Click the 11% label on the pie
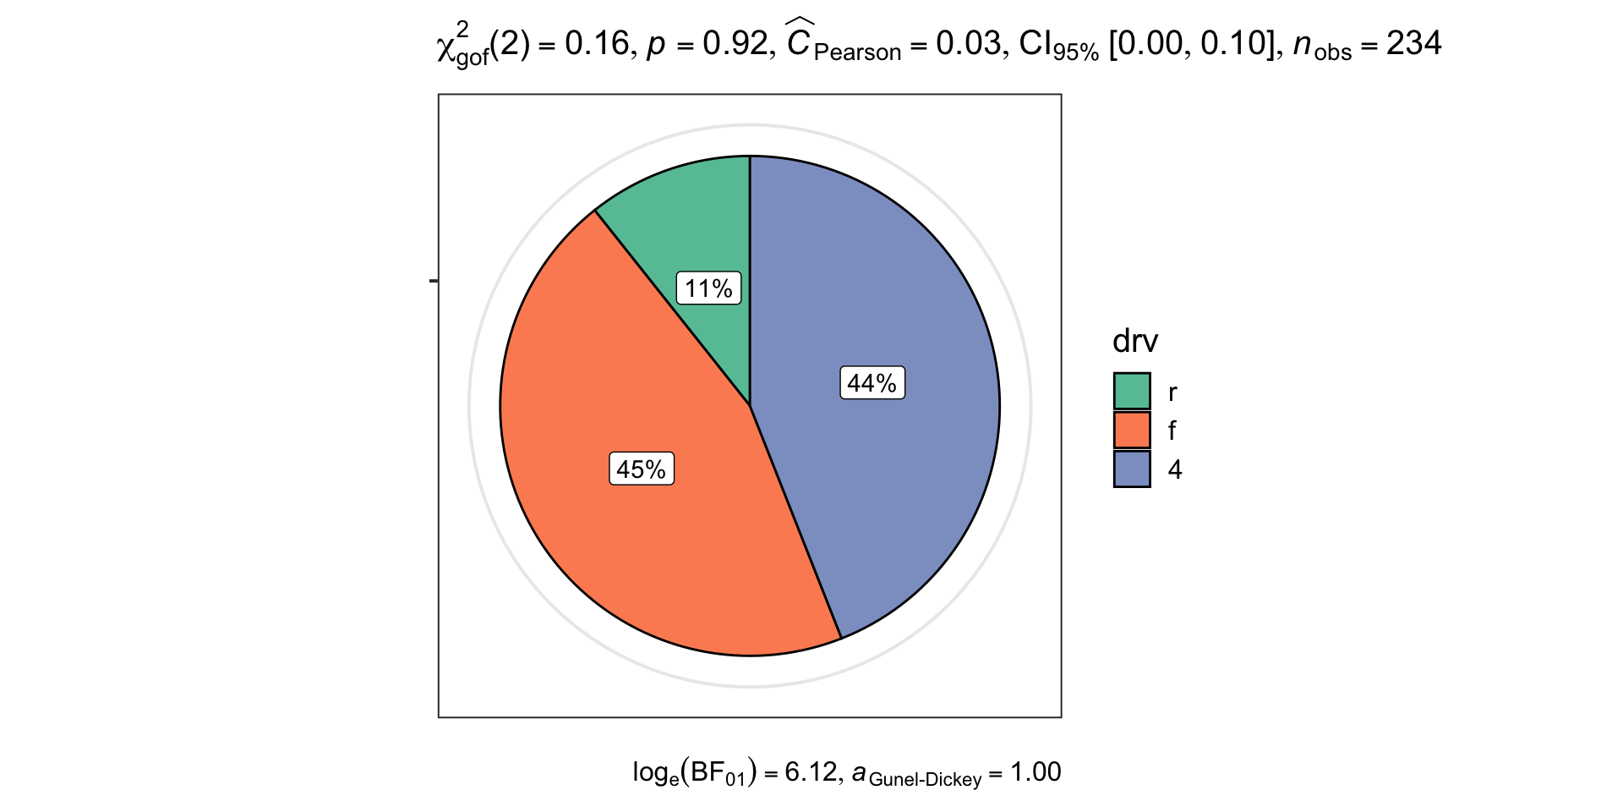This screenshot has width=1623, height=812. click(708, 288)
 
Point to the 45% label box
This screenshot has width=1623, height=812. click(642, 469)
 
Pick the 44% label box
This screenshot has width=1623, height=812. click(872, 383)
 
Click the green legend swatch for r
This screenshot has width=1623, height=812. click(1132, 392)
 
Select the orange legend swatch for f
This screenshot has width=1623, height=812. click(1132, 431)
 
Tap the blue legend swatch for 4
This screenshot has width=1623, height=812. click(1132, 469)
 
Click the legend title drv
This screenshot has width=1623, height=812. click(1135, 341)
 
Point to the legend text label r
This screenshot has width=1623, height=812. click(1172, 392)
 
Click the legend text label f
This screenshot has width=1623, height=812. click(1172, 431)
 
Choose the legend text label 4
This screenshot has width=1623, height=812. click(1175, 469)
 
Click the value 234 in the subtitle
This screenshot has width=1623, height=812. click(1413, 43)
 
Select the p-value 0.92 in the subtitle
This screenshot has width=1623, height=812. click(735, 43)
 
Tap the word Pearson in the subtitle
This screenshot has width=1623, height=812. click(857, 52)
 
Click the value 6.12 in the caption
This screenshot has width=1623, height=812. click(811, 771)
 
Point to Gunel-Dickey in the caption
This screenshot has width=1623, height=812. click(925, 779)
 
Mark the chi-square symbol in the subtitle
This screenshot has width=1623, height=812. click(446, 47)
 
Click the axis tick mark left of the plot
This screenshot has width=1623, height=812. click(434, 281)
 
